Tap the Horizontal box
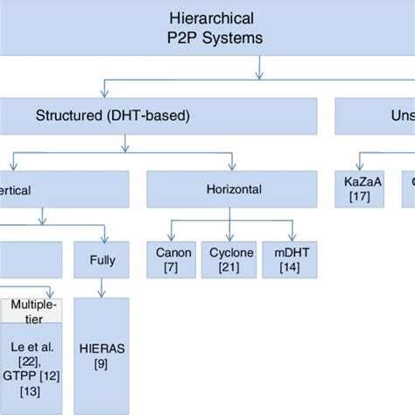point(231,188)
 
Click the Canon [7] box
point(173,260)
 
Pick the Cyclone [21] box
point(231,260)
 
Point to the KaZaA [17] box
point(355,188)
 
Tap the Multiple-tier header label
point(34,312)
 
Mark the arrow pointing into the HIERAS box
point(102,293)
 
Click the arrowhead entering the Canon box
point(174,239)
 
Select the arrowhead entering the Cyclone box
point(231,239)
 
